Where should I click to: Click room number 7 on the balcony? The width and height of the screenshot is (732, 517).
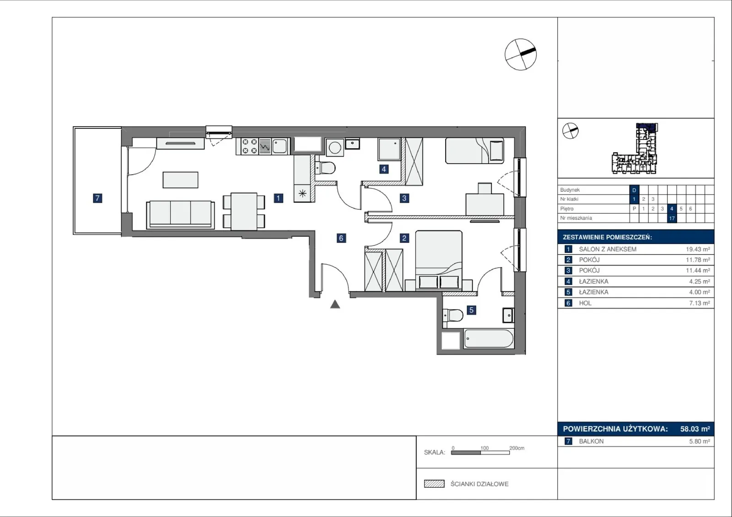(97, 198)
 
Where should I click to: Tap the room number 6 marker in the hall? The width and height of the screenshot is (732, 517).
(341, 238)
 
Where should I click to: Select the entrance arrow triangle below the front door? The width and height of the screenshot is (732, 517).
(335, 304)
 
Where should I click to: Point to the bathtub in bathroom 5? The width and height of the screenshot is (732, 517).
(489, 339)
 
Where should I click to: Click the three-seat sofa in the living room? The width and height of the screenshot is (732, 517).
(180, 214)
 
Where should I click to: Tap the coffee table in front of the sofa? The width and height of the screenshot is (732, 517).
(180, 180)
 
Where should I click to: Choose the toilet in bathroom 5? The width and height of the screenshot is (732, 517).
(453, 315)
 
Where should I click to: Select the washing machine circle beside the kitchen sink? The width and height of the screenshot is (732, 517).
(334, 148)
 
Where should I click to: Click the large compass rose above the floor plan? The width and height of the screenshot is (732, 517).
(521, 54)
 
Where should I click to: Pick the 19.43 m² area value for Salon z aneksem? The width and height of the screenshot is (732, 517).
(698, 249)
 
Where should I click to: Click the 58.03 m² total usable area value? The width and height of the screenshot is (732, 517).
(695, 429)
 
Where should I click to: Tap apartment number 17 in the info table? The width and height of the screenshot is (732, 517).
(672, 218)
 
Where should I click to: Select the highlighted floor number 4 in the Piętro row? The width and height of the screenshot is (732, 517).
(672, 208)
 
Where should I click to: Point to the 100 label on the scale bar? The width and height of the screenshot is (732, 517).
(484, 448)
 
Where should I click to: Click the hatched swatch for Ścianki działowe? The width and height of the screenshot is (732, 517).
(434, 484)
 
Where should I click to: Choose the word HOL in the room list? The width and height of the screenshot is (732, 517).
(585, 303)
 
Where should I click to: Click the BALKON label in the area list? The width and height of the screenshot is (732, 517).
(591, 441)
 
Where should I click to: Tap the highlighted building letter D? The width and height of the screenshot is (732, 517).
(634, 190)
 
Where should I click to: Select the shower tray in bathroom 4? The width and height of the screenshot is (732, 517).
(389, 149)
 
